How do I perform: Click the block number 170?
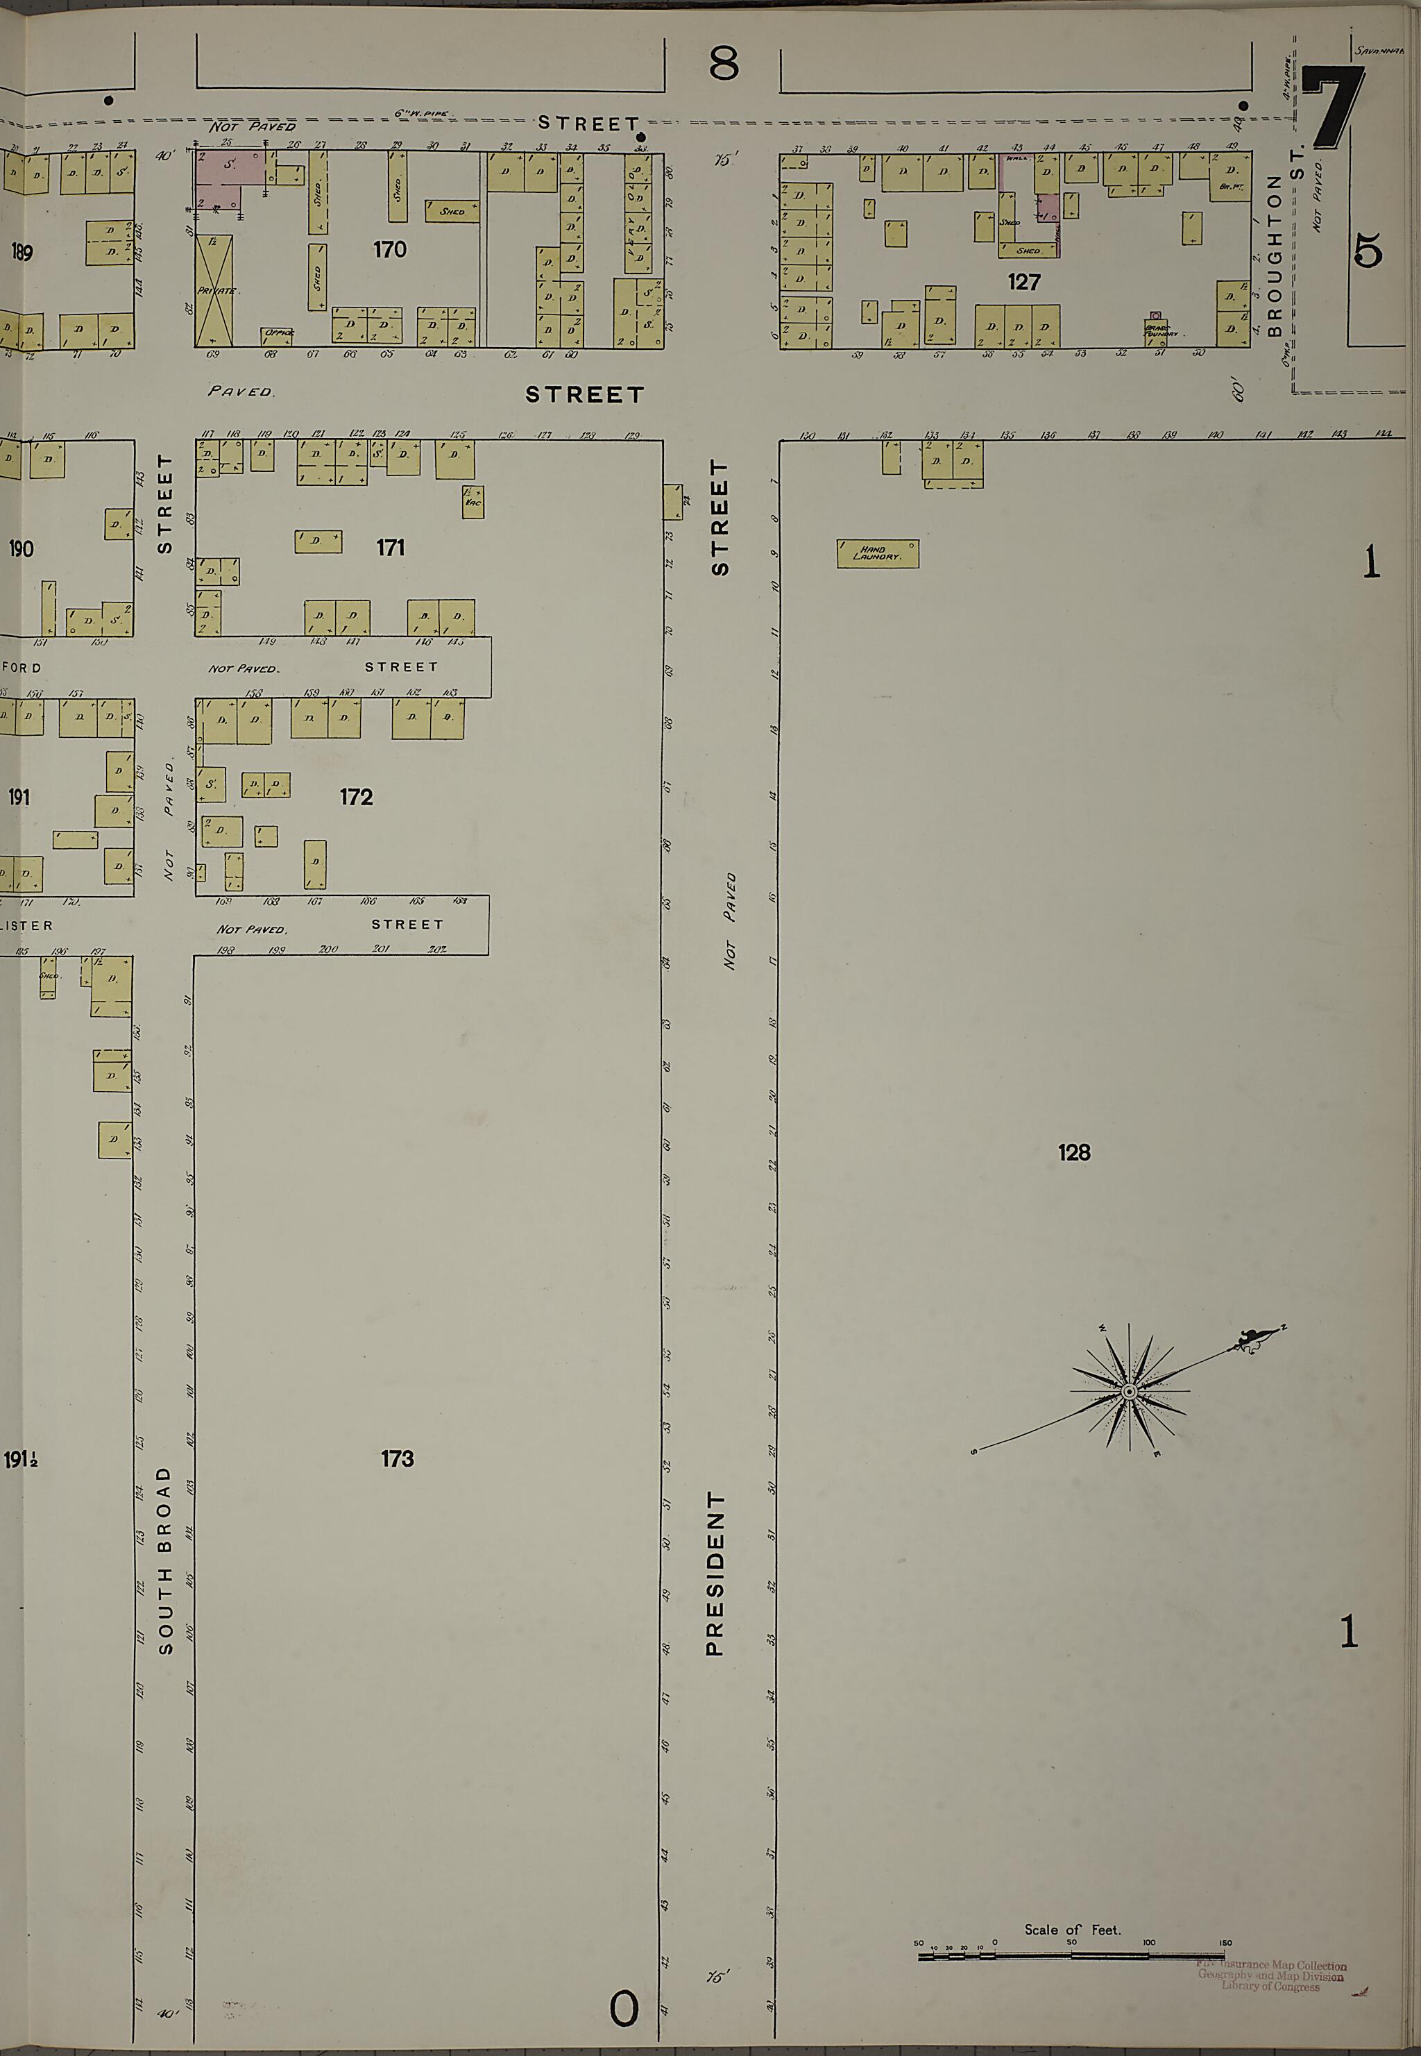click(x=390, y=249)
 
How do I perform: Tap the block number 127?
click(x=1024, y=283)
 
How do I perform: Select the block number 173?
click(x=397, y=1458)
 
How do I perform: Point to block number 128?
click(x=1074, y=1152)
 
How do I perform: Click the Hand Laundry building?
click(x=877, y=554)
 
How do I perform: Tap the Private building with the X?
click(x=214, y=290)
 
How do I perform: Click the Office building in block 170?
click(x=278, y=335)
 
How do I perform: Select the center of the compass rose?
click(x=1129, y=1391)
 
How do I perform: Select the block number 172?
click(x=355, y=797)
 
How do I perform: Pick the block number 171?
click(x=390, y=548)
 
